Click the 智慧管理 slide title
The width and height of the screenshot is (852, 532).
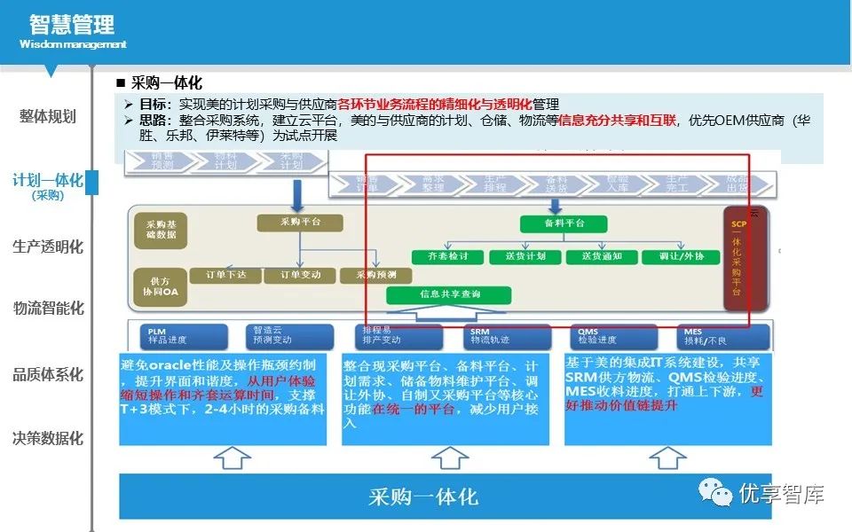[x=72, y=24]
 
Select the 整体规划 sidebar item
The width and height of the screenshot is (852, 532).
[x=48, y=116]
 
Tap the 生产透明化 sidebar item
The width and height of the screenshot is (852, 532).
[x=48, y=246]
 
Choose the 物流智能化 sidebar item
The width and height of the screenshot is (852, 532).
[x=48, y=309]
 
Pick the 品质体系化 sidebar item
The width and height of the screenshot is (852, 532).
[x=48, y=374]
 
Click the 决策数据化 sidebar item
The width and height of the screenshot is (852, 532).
[x=48, y=438]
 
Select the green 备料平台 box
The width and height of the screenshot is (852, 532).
[x=564, y=223]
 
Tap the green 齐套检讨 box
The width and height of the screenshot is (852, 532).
[x=447, y=257]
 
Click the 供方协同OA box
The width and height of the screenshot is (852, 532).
[x=162, y=286]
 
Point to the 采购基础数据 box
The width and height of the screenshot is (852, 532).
[x=162, y=229]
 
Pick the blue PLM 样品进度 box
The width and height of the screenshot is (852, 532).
[x=183, y=336]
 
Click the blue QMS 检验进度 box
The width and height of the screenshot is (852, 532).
[x=611, y=336]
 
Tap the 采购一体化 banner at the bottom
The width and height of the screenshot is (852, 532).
[x=423, y=497]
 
